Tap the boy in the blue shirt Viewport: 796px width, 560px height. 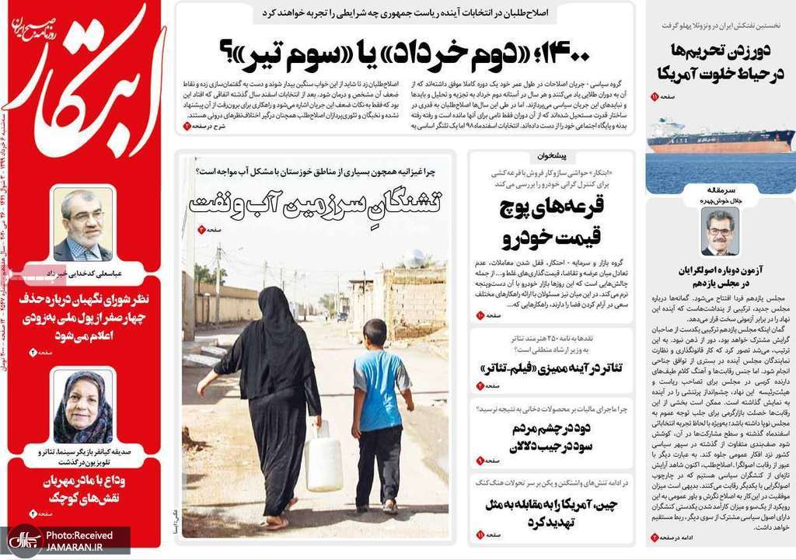(x=381, y=412)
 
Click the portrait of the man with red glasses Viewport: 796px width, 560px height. (x=719, y=232)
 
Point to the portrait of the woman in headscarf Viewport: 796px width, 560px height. (x=82, y=405)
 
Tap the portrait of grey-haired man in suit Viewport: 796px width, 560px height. (x=82, y=225)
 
